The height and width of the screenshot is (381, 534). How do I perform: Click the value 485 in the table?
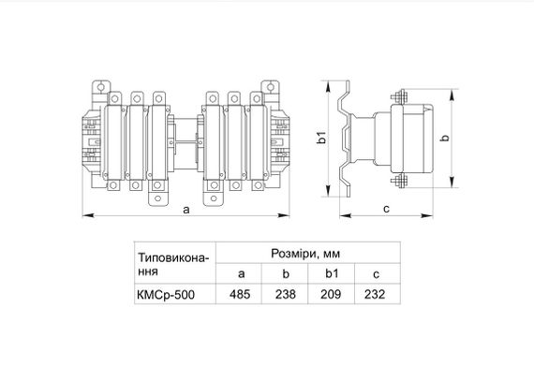coord(240,294)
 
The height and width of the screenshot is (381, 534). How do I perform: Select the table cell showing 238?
coord(286,294)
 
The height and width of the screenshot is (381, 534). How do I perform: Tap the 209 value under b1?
coord(331,294)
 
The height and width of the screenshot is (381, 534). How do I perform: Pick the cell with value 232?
coord(375,294)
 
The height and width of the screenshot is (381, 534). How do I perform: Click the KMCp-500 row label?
coord(166,295)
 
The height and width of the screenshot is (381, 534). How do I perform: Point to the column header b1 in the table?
coord(331,273)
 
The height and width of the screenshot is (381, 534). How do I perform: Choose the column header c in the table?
coord(376,274)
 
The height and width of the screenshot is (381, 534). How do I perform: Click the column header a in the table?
coord(241,274)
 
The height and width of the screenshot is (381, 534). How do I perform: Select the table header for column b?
coord(286,273)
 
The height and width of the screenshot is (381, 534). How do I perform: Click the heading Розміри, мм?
coord(305,254)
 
